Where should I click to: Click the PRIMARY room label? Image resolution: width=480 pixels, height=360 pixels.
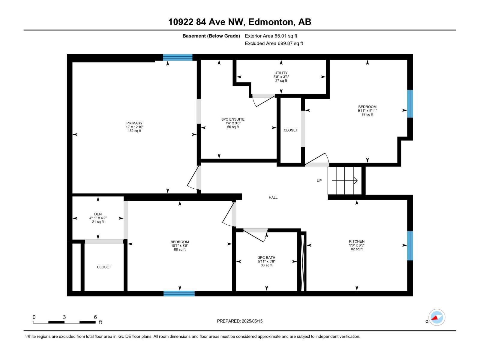(x=134, y=123)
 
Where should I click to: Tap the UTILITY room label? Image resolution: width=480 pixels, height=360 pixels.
(x=281, y=73)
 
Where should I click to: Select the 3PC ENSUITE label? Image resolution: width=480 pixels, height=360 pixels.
(x=233, y=119)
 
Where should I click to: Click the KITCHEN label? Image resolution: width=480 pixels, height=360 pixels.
(x=357, y=241)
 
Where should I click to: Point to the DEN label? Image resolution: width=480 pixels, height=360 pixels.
(x=98, y=214)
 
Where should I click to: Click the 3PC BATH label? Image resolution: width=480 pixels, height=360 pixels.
(x=266, y=258)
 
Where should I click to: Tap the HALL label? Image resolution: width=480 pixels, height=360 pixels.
(x=273, y=197)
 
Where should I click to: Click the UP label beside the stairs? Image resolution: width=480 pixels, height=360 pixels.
(x=319, y=181)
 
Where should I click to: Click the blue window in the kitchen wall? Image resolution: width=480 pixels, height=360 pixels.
(x=410, y=245)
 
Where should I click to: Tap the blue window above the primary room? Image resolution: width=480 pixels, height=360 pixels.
(x=178, y=57)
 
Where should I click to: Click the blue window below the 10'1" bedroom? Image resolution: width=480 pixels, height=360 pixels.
(x=179, y=293)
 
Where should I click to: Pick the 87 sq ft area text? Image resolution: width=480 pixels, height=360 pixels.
(x=367, y=115)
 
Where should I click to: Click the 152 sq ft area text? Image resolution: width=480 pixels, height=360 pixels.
(x=134, y=131)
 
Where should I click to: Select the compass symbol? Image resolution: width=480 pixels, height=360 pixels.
(x=436, y=317)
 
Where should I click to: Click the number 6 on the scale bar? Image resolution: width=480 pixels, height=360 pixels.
(x=95, y=317)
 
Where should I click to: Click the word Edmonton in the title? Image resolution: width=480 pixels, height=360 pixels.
(x=271, y=22)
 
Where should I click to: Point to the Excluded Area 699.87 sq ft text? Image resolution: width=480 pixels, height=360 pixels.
(x=274, y=43)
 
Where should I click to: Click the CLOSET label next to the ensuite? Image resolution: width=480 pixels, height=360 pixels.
(x=291, y=130)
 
